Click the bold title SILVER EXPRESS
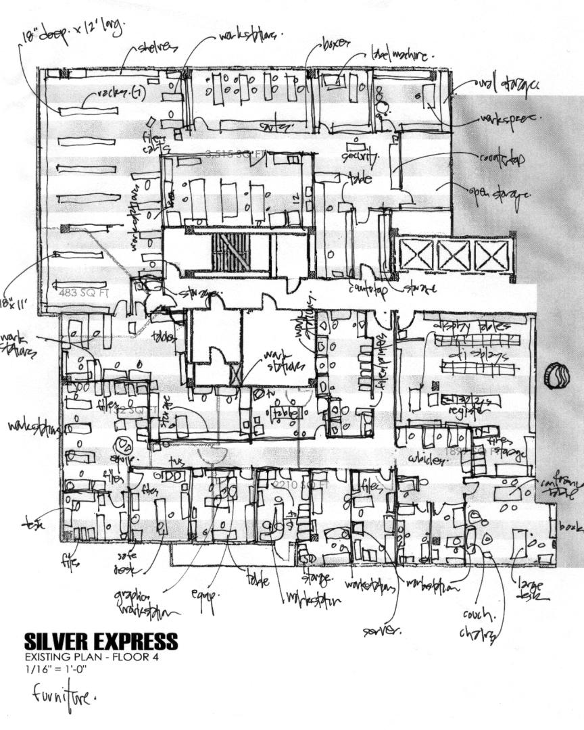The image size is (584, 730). click(x=101, y=641)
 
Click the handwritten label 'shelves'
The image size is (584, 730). click(x=158, y=47)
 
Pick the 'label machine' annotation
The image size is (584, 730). click(x=401, y=52)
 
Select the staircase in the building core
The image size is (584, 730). click(x=230, y=253)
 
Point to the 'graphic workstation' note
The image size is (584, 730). click(x=146, y=604)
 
